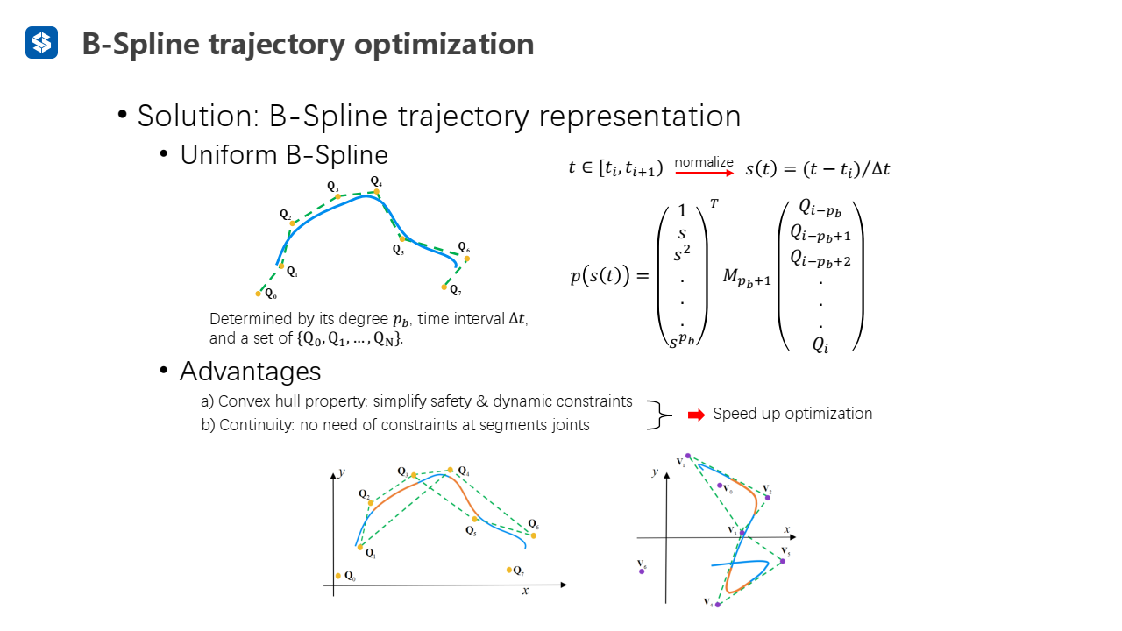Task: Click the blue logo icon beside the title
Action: (41, 42)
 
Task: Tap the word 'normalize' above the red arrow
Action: (704, 162)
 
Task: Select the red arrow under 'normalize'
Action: (704, 174)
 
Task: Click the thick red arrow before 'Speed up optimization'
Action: (696, 415)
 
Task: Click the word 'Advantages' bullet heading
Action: (250, 372)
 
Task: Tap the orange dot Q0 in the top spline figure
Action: (259, 294)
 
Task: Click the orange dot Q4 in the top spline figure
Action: (376, 191)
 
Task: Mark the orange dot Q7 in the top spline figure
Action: (445, 287)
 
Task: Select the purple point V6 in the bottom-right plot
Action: (643, 571)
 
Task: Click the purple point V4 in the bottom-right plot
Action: (718, 605)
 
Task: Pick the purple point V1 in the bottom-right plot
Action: (688, 456)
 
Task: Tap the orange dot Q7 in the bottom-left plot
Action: (509, 570)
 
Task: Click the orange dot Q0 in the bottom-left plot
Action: (338, 576)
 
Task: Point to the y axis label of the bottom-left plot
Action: (341, 472)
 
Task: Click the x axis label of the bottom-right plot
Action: (787, 530)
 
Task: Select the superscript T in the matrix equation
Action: (714, 203)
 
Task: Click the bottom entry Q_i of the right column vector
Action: (820, 344)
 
